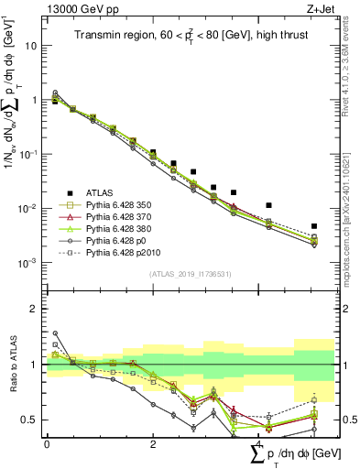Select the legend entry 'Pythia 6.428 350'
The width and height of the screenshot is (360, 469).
pyautogui.click(x=113, y=205)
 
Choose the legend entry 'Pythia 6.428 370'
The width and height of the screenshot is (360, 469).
pyautogui.click(x=113, y=217)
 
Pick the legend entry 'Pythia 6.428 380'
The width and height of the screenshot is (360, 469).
pyautogui.click(x=113, y=229)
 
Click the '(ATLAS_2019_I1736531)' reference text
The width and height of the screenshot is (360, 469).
pyautogui.click(x=182, y=274)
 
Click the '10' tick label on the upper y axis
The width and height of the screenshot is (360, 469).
pyautogui.click(x=31, y=45)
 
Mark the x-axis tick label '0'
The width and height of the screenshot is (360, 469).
pyautogui.click(x=47, y=443)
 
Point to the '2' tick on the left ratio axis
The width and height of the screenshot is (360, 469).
pyautogui.click(x=34, y=309)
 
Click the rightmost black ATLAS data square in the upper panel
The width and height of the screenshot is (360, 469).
pyautogui.click(x=314, y=225)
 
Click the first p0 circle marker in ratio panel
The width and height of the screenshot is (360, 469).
pyautogui.click(x=54, y=333)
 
